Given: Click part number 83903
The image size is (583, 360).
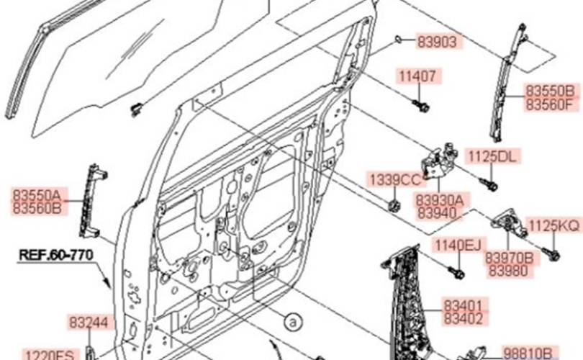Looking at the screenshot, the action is (x=437, y=42).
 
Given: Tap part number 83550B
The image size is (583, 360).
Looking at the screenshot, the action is (x=550, y=91).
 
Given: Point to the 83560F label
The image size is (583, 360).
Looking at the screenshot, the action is (x=549, y=104).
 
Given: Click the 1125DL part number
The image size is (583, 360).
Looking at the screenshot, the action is (x=492, y=156).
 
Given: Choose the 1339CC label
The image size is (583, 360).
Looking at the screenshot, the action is (x=395, y=180).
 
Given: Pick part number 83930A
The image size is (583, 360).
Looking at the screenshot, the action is (x=440, y=200).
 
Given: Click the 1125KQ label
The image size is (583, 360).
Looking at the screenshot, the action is (x=554, y=225).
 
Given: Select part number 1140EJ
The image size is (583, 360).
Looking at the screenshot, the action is (x=458, y=246).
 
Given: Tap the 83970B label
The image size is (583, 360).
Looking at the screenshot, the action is (x=510, y=258).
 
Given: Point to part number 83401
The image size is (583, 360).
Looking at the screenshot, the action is (x=464, y=306).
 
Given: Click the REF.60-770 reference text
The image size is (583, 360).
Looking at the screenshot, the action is (x=55, y=255).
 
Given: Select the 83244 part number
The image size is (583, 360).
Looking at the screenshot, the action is (x=89, y=323).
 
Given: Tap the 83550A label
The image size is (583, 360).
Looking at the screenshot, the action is (x=37, y=195).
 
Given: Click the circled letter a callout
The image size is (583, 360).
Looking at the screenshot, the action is (x=293, y=322).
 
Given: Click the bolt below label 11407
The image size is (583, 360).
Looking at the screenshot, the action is (x=421, y=106).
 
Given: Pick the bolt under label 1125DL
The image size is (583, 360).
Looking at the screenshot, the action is (x=489, y=184).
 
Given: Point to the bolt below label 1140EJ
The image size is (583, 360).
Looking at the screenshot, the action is (x=456, y=272).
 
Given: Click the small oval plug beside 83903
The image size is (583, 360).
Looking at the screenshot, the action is (x=398, y=39).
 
